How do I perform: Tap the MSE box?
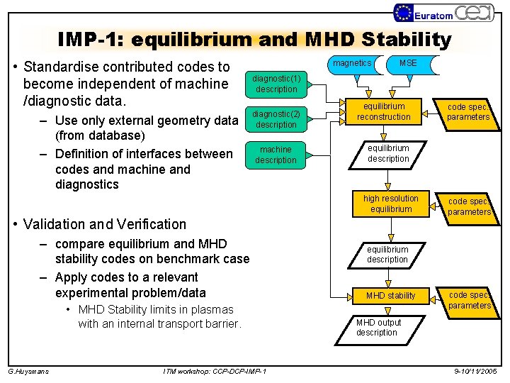click(409, 64)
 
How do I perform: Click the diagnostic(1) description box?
click(276, 84)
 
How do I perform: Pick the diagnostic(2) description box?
click(276, 119)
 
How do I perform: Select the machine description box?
click(276, 155)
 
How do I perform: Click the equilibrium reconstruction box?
click(384, 111)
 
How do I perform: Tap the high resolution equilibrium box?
click(391, 204)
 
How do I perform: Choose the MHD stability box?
click(391, 295)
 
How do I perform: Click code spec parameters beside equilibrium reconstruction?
click(468, 112)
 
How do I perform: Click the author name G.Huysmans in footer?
click(28, 371)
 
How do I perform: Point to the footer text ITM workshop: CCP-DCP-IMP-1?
click(215, 371)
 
